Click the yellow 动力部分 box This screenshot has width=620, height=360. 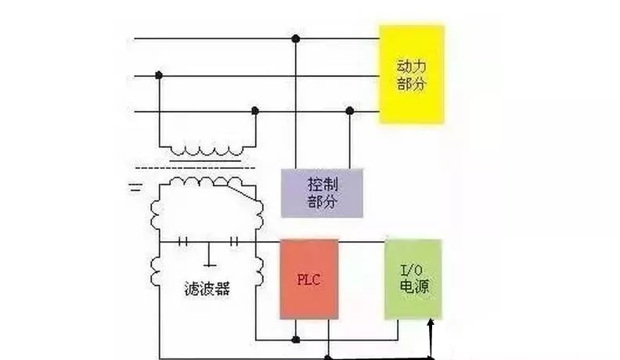(x=412, y=74)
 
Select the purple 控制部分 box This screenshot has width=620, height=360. (x=321, y=192)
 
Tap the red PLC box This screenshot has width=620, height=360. (x=310, y=279)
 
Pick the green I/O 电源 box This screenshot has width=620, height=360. (x=413, y=279)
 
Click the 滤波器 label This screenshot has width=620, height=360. (x=209, y=288)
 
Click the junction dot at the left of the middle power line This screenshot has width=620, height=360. (x=160, y=75)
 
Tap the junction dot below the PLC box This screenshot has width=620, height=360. (x=295, y=340)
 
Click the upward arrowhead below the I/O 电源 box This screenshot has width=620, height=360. (x=431, y=323)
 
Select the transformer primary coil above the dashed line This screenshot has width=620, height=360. (x=207, y=149)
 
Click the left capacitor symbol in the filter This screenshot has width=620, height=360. (x=185, y=242)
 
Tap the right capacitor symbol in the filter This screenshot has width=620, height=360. (x=234, y=242)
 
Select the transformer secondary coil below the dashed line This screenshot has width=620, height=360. (x=207, y=182)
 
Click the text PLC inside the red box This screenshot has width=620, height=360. (x=310, y=279)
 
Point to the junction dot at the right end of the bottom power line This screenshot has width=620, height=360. (x=350, y=112)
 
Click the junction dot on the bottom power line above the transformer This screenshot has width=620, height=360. (x=254, y=112)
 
